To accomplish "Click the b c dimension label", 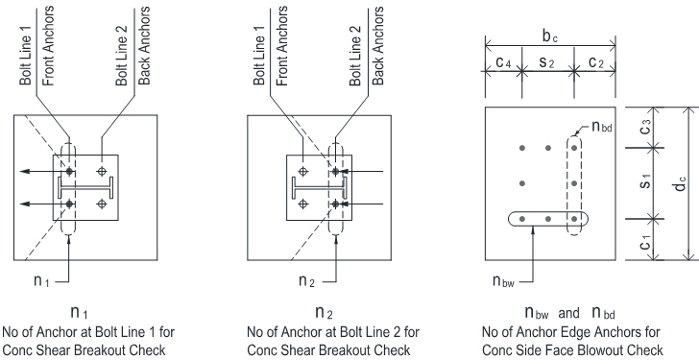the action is tap(549, 36).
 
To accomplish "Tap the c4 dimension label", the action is tap(503, 62).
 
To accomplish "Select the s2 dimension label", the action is tap(546, 62).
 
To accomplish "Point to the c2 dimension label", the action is tap(595, 62).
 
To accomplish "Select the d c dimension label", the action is tap(680, 183).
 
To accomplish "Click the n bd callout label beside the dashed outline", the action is tap(602, 127).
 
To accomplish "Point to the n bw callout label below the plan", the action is tap(503, 280).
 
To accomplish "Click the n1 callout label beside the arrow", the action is tap(41, 280).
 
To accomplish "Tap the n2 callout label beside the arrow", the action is tap(306, 280).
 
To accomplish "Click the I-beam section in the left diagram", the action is tap(86, 187).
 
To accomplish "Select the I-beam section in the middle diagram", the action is tap(320, 187).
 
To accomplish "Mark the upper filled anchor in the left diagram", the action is tap(69, 171).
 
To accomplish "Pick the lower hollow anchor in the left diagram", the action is tap(102, 204).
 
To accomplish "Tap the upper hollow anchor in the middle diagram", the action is tap(303, 171).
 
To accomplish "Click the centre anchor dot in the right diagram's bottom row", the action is tap(548, 219).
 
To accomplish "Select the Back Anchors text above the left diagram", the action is tap(144, 46).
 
